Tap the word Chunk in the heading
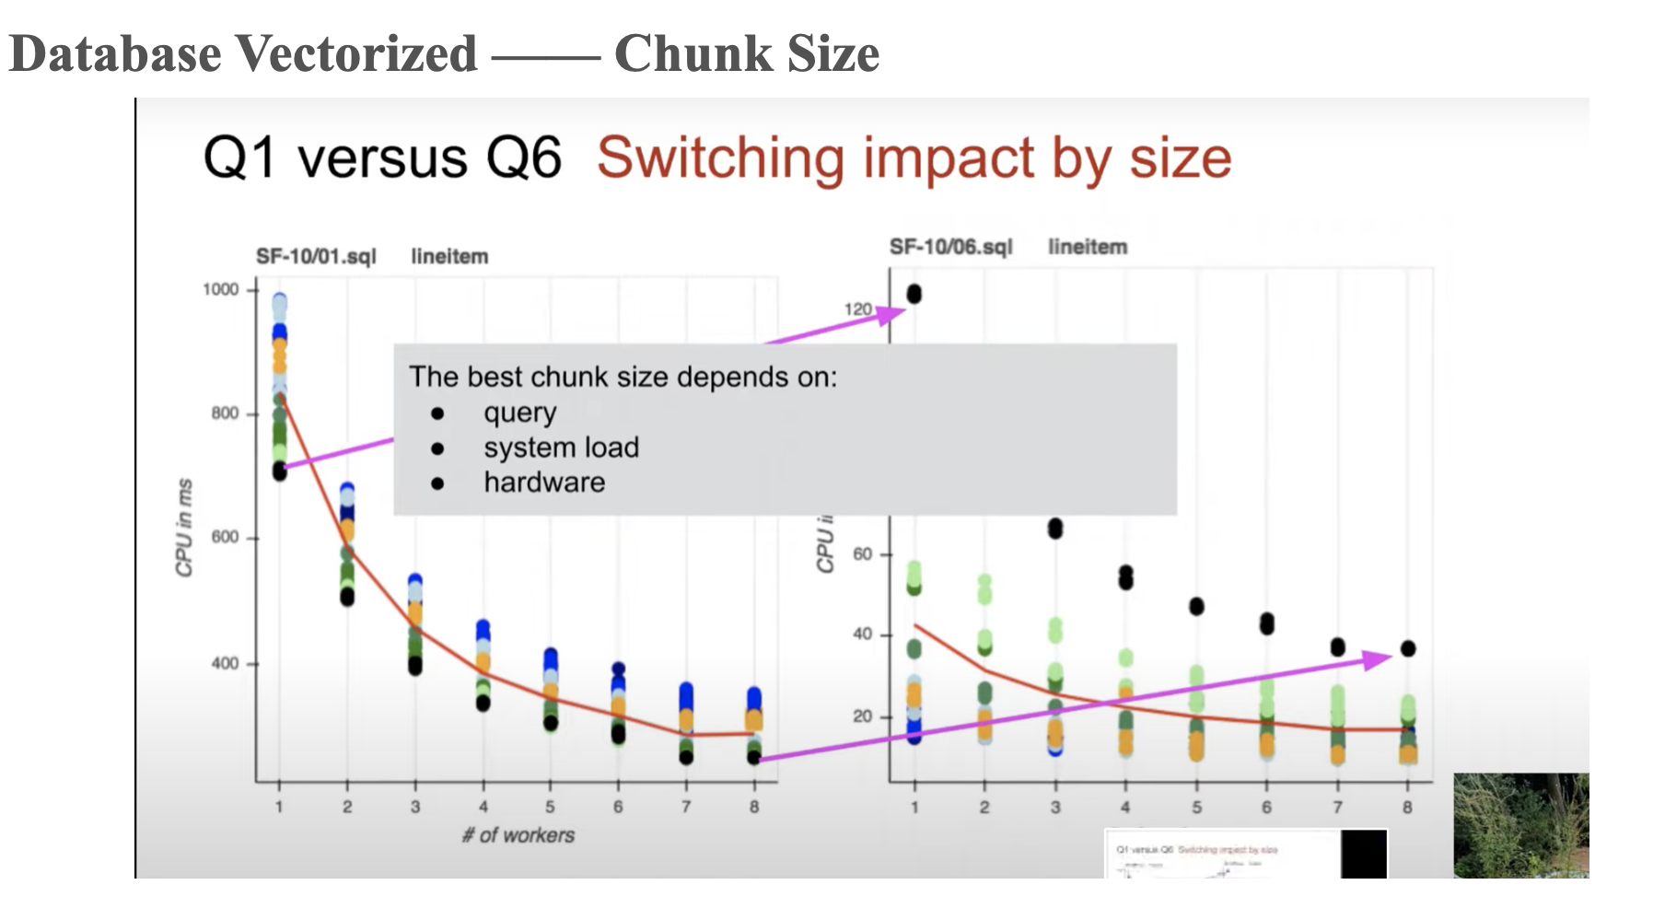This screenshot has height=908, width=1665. point(694,53)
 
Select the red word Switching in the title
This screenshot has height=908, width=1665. point(720,158)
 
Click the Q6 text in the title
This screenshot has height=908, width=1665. point(523,157)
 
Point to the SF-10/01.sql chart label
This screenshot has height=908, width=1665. point(316,256)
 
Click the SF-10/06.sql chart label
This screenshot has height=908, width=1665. point(950,247)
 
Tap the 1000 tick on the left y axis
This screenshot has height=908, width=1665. point(221,289)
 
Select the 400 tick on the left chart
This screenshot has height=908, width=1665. point(225,663)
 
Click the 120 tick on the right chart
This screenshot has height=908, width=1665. point(857,308)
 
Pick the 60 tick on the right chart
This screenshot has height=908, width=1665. point(862,554)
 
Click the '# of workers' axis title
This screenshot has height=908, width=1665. point(518,835)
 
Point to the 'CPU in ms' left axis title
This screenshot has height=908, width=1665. point(185,528)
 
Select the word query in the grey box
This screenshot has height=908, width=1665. point(519,413)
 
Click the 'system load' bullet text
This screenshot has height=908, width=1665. point(561,448)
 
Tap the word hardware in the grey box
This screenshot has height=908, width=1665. point(544,483)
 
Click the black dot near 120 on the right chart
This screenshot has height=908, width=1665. point(914,294)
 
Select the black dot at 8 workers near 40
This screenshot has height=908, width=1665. point(1407,648)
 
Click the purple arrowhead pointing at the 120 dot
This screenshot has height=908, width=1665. point(890,315)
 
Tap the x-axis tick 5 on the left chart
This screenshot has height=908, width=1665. point(550,807)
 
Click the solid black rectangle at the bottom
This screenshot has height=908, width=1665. point(1363,854)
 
